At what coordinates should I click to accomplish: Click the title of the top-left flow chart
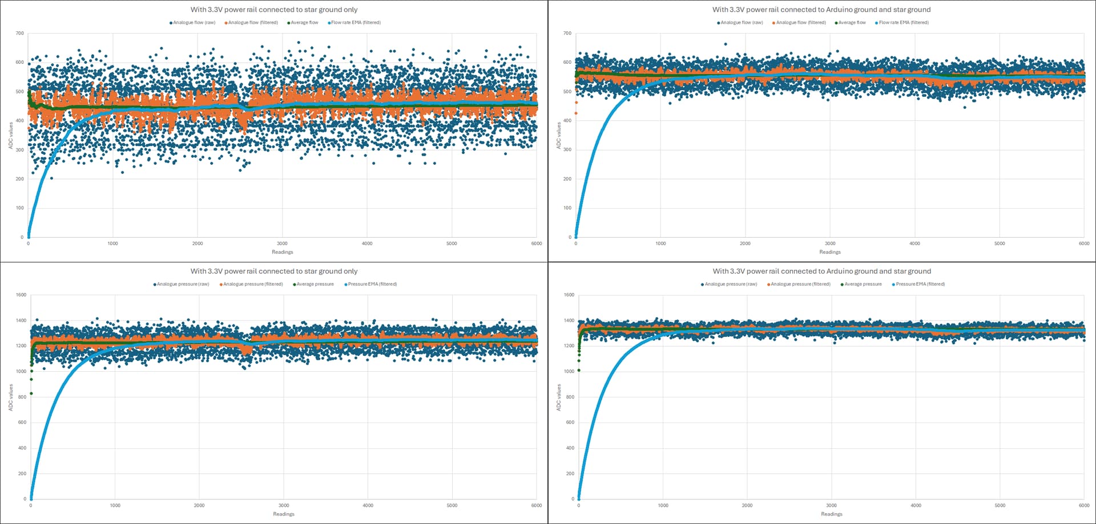(274, 10)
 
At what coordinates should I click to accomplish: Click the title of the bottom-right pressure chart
(821, 271)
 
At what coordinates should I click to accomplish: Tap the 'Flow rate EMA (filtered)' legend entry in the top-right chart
(903, 23)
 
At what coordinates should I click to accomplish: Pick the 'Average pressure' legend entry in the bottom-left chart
(315, 284)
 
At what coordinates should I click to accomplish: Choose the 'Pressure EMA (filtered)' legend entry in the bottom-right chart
(920, 284)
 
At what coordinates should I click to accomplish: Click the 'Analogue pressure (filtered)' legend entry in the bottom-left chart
(252, 284)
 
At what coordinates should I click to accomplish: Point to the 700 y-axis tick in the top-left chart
(20, 33)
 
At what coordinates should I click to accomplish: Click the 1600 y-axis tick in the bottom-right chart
(569, 295)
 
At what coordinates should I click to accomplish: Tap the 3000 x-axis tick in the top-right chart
(830, 243)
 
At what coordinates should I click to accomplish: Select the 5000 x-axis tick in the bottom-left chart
(452, 505)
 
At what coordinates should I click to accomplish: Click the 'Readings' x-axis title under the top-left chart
(283, 252)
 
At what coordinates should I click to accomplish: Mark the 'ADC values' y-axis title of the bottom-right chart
(559, 397)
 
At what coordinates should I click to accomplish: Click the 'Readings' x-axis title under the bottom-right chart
(832, 514)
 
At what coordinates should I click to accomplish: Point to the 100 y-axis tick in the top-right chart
(567, 208)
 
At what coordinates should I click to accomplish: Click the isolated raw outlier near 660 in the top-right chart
(726, 44)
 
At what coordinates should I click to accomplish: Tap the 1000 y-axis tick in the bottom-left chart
(21, 371)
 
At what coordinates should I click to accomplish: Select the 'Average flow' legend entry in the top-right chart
(852, 23)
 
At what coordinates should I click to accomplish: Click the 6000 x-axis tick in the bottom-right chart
(1083, 505)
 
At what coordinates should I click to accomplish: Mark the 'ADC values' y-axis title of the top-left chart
(10, 136)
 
